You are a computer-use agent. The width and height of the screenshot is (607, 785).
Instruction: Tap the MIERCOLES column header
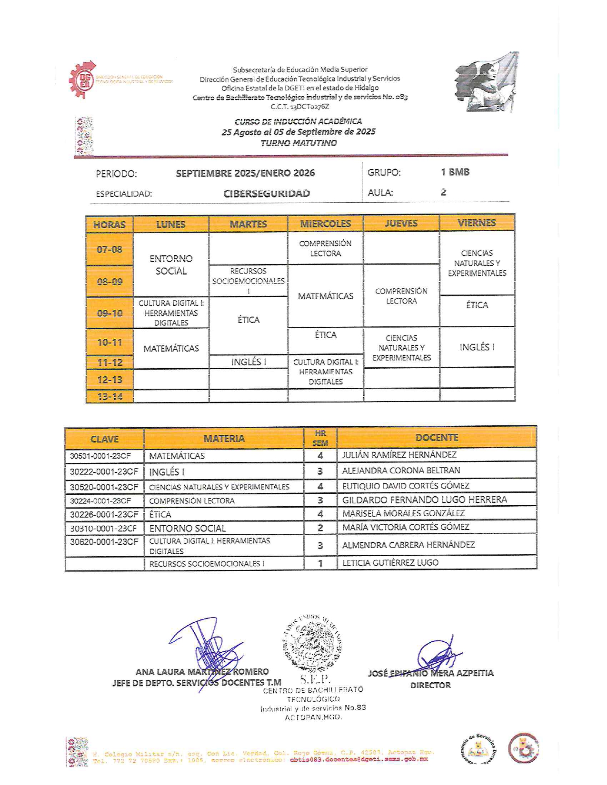pos(325,224)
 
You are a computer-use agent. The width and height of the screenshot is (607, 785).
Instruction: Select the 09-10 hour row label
pos(109,313)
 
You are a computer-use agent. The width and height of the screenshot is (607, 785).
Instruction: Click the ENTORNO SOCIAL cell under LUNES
pos(171,265)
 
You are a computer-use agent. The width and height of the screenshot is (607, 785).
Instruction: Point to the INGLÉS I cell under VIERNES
pos(477,347)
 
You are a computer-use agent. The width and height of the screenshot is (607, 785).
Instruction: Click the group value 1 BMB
pos(455,172)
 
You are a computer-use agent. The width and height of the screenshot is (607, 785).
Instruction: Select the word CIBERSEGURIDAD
pos(267,194)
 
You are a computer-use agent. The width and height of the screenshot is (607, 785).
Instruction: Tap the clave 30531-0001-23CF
pos(100,456)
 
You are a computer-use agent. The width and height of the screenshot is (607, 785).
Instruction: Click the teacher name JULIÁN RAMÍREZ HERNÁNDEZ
pos(399,455)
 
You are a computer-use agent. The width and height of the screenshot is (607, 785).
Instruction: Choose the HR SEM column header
pos(320,438)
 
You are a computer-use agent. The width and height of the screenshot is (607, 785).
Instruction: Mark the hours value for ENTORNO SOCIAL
pos(320,528)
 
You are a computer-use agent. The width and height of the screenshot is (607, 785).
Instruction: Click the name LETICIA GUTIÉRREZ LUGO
pos(390,563)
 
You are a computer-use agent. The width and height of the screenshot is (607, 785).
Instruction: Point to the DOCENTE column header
pos(437,437)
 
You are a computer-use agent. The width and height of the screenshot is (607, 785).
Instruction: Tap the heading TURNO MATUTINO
pos(299,143)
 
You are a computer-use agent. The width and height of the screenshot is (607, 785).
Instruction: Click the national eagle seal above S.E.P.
pos(312,643)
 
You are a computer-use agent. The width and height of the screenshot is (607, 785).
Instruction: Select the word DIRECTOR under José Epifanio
pos(430,685)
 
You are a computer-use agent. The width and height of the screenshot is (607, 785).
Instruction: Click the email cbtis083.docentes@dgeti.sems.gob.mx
pos(358,759)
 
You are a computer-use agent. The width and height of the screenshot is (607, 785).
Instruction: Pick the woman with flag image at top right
pos(486,82)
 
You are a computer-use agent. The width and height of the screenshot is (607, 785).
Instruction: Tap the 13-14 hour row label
pos(109,396)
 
